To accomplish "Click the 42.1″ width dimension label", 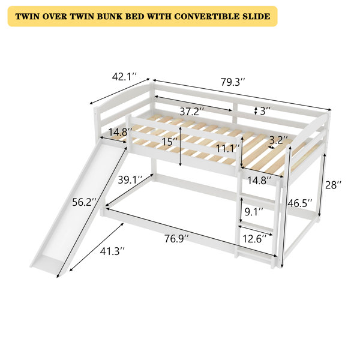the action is click(x=125, y=76).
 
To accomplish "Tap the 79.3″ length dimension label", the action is click(x=233, y=82).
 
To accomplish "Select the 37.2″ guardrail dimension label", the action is click(x=192, y=112).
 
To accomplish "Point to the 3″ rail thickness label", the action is click(x=265, y=111).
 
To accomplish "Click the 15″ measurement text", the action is click(x=169, y=142).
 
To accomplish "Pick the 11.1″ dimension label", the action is click(x=227, y=149).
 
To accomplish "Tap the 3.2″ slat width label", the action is click(x=278, y=139).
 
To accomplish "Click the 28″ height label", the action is click(x=333, y=185).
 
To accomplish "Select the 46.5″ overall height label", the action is click(x=300, y=203).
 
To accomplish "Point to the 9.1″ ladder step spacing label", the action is click(x=253, y=212).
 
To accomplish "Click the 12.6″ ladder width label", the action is click(x=254, y=239).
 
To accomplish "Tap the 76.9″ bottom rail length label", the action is click(x=176, y=239).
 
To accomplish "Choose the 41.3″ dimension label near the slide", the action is click(x=112, y=251).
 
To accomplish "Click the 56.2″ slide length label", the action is click(x=84, y=202).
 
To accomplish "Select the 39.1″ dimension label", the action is click(x=130, y=180).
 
